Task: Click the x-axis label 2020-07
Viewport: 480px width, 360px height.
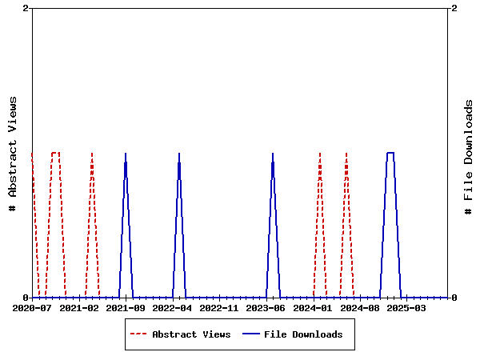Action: click(x=32, y=308)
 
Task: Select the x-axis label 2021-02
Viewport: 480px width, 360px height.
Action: click(x=79, y=308)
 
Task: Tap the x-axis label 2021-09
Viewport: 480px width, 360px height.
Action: click(x=126, y=308)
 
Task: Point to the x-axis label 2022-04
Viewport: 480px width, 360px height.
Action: click(x=173, y=308)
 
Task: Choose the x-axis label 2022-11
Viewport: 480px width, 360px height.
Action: click(x=219, y=308)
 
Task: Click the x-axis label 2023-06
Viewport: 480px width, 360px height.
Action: click(x=266, y=308)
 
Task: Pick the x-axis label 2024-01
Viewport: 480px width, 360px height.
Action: click(x=313, y=308)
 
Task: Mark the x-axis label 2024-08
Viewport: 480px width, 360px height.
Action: click(x=359, y=308)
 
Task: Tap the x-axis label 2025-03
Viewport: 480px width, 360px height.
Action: click(x=406, y=308)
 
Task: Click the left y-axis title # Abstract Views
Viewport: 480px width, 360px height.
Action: click(x=12, y=153)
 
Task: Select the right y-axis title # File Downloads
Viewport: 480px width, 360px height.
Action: click(x=469, y=157)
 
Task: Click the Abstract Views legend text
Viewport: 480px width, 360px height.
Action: click(x=191, y=334)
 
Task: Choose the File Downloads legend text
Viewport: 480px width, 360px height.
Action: click(x=303, y=334)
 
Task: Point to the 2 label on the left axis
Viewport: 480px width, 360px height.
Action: click(x=26, y=8)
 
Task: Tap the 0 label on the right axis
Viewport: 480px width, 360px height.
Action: click(x=454, y=298)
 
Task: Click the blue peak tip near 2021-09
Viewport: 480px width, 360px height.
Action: click(x=126, y=153)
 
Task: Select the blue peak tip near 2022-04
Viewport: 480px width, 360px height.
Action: click(x=179, y=153)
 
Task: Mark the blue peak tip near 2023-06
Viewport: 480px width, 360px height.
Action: click(x=273, y=153)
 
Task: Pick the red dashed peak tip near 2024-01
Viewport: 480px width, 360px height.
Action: click(x=319, y=153)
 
